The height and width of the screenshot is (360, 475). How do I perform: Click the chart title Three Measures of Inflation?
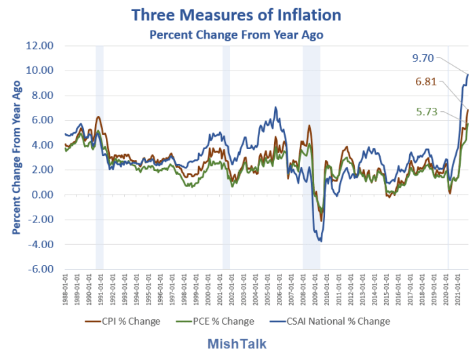[x=237, y=15]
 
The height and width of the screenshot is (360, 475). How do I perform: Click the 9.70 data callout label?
[x=426, y=59]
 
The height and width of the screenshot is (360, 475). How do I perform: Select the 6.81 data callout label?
[x=429, y=82]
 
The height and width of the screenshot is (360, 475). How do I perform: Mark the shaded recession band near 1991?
[x=99, y=157]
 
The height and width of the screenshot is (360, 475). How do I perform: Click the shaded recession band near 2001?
[x=226, y=157]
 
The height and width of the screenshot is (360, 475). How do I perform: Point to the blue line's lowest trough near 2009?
[x=320, y=241]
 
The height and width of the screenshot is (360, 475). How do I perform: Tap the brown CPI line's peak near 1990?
[x=98, y=117]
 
